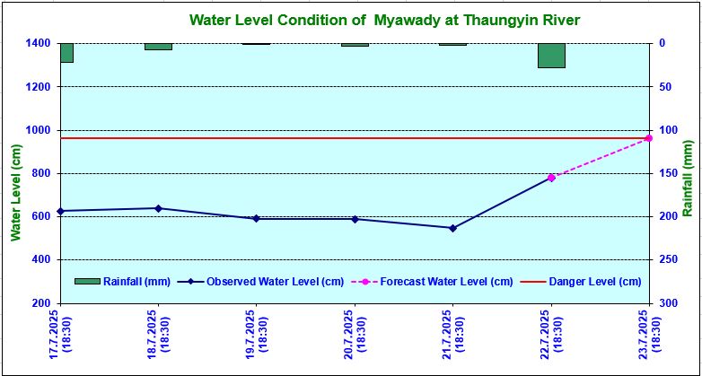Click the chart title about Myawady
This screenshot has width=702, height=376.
[373, 20]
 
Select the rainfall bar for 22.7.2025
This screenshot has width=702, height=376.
[551, 55]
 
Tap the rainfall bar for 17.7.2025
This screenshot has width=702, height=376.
[66, 52]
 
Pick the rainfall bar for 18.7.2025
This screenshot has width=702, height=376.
[158, 46]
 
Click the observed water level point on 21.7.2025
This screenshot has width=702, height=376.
[452, 228]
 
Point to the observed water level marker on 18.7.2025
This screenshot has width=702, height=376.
[158, 208]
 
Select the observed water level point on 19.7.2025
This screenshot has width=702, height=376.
[256, 218]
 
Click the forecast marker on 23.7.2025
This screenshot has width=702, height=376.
[648, 138]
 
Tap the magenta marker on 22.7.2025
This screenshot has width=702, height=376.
[551, 178]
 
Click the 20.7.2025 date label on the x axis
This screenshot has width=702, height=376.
[355, 333]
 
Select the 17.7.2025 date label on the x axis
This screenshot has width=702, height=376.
[60, 333]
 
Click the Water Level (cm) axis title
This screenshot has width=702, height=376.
[15, 193]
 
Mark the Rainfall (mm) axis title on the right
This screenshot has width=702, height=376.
[688, 179]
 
